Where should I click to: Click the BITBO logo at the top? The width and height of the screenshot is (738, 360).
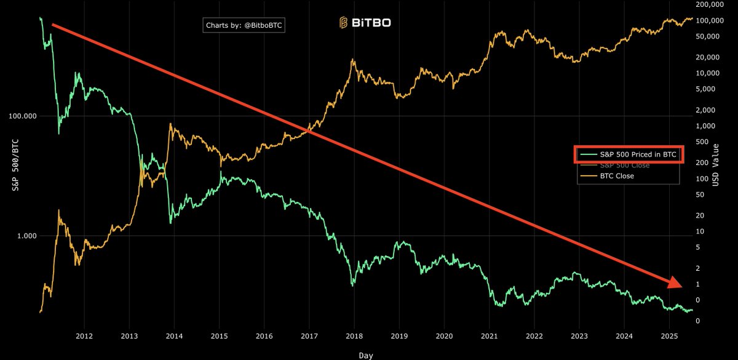pyautogui.click(x=365, y=23)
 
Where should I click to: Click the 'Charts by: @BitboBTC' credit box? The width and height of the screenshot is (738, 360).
pyautogui.click(x=245, y=26)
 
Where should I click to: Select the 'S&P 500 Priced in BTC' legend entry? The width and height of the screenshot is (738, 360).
pyautogui.click(x=629, y=155)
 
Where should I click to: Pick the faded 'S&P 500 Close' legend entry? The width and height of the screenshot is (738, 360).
pyautogui.click(x=624, y=166)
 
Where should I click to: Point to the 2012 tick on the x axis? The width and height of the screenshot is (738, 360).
pyautogui.click(x=84, y=337)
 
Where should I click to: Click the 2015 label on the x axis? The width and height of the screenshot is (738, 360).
pyautogui.click(x=219, y=337)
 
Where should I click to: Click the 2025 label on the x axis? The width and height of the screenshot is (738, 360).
pyautogui.click(x=669, y=337)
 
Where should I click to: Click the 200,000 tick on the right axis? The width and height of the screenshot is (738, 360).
pyautogui.click(x=710, y=5)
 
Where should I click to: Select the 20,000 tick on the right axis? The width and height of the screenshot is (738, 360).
pyautogui.click(x=708, y=57)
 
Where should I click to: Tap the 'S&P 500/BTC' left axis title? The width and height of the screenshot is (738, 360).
pyautogui.click(x=15, y=165)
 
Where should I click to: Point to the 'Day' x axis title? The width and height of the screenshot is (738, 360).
pyautogui.click(x=365, y=355)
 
